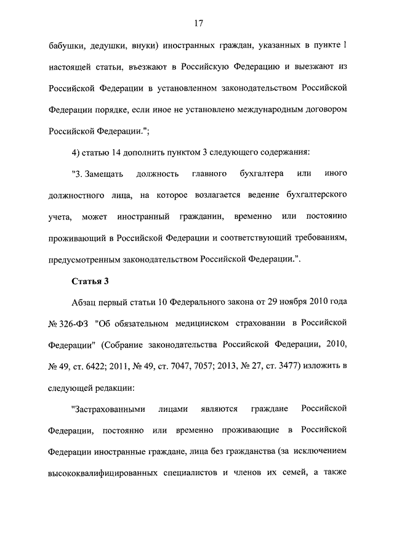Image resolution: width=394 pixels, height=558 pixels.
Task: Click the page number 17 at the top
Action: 199,23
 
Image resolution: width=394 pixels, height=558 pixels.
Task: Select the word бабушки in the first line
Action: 65,47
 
